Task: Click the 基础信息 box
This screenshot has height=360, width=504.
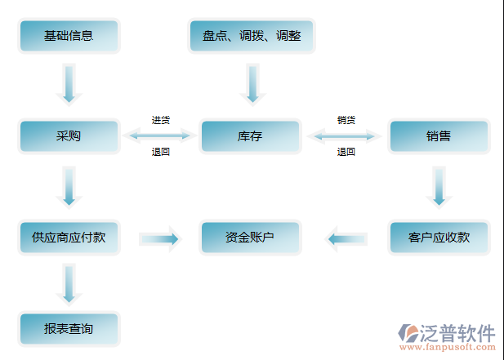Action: point(69,36)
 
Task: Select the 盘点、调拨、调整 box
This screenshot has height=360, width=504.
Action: point(251,36)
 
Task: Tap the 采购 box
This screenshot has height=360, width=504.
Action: point(69,136)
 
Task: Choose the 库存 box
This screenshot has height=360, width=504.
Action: point(250,136)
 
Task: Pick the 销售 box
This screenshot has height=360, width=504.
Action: point(439,136)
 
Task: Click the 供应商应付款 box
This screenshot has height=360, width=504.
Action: point(69,238)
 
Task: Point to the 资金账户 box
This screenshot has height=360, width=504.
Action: point(250,238)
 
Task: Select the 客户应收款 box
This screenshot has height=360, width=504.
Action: point(439,238)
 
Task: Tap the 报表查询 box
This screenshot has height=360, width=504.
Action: point(69,329)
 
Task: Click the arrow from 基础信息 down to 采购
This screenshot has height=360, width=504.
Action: point(69,84)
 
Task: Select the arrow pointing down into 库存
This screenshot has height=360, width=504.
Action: point(252,84)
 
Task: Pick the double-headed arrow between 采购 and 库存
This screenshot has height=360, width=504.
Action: point(160,136)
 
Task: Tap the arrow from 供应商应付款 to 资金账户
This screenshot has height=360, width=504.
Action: point(159,238)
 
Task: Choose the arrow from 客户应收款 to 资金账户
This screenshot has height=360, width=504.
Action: point(346,238)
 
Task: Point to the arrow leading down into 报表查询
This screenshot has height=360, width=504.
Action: point(69,287)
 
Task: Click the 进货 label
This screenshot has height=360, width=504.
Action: point(160,120)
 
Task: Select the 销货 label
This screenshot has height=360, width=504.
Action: point(346,120)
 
